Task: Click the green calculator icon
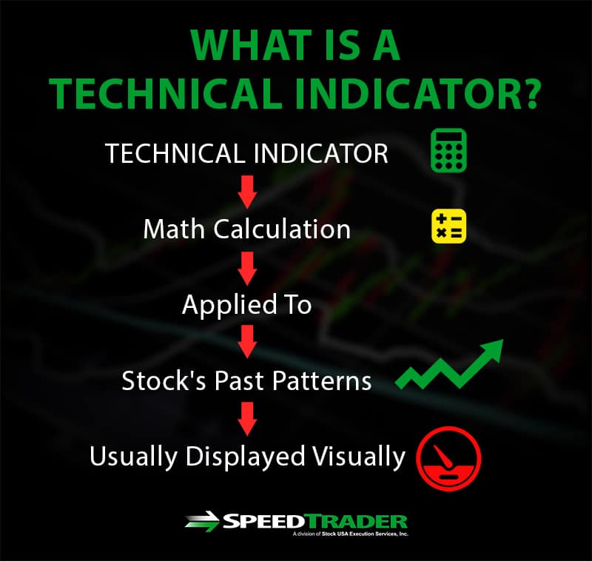448,151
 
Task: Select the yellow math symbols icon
448,226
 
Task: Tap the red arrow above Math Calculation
247,192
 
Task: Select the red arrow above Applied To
247,269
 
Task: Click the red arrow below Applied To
247,342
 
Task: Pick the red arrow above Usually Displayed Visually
247,419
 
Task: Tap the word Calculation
283,229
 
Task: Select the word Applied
230,305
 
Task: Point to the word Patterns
322,380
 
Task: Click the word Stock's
164,380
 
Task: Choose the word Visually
359,457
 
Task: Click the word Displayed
245,457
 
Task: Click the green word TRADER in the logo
357,522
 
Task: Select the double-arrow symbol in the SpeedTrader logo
202,522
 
